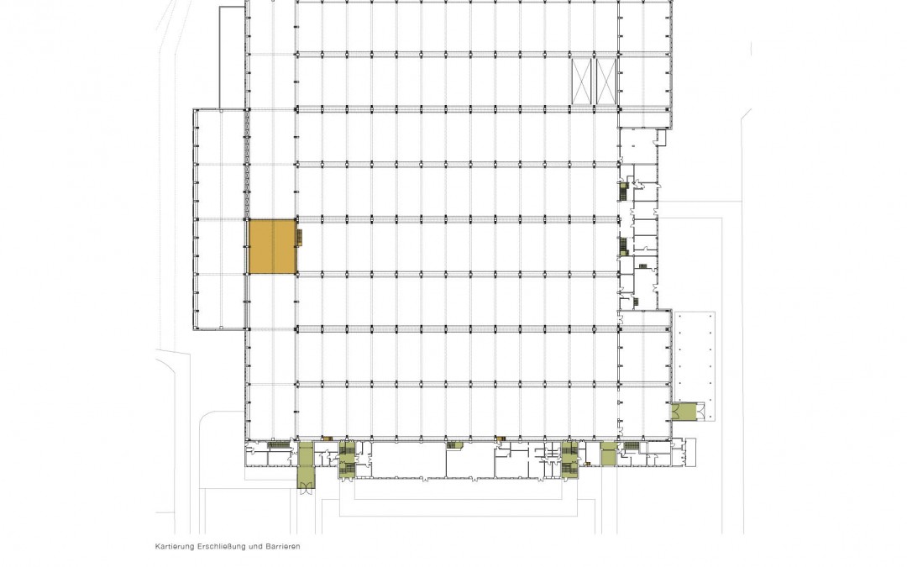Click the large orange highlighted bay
pos(272,246)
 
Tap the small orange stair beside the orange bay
pos(300,237)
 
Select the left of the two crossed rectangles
pos(583,81)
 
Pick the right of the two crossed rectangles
pos(607,81)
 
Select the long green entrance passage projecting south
pos(304,465)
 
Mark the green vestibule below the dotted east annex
pos(686,412)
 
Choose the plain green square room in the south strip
pos(608,454)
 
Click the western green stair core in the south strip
pos(347,460)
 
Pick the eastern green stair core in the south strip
pos(569,460)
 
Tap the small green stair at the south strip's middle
pos(455,445)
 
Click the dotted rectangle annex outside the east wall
pos(695,357)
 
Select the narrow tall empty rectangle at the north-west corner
pos(232,58)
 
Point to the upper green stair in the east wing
pos(623,191)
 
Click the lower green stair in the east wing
pos(623,246)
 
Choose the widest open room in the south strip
pos(408,460)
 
